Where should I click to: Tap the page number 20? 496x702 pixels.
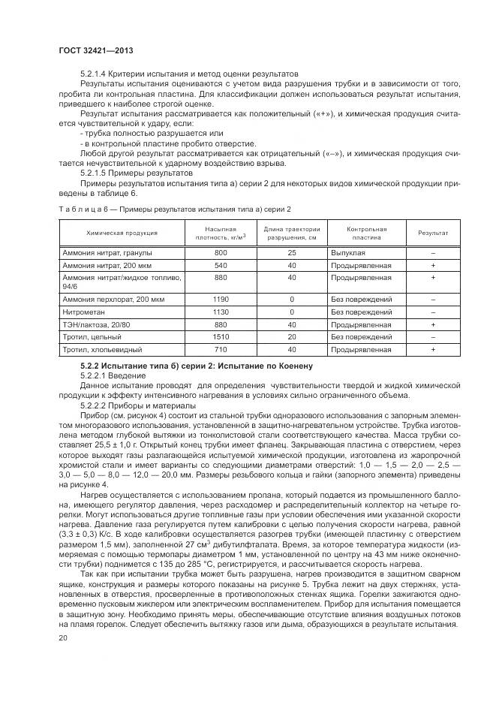63,638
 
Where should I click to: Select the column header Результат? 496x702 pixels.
433,233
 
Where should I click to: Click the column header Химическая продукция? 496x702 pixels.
122,233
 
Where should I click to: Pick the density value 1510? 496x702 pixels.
221,337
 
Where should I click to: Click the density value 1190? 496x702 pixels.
221,299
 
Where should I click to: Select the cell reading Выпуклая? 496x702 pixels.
346,252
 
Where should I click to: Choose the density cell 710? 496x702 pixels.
221,350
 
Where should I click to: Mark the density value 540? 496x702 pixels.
221,265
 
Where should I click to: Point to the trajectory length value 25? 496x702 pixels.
292,252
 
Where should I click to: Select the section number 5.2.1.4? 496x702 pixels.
95,73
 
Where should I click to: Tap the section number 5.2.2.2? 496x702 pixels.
95,405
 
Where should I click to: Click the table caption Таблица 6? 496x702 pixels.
85,208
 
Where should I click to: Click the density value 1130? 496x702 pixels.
221,312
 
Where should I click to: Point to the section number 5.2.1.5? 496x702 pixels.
95,172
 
